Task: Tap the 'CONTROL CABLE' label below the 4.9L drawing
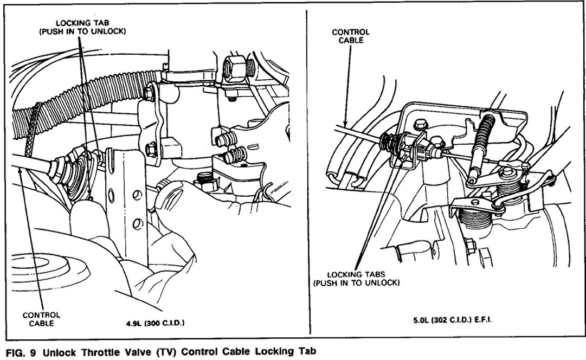coord(41,318)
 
